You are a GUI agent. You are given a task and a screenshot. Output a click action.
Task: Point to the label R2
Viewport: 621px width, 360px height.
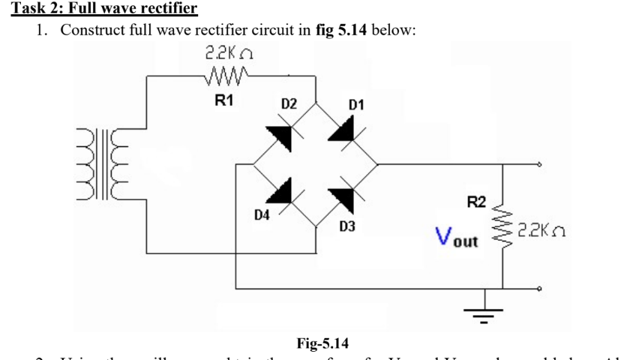point(476,200)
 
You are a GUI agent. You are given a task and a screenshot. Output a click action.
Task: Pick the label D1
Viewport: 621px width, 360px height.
point(355,103)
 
